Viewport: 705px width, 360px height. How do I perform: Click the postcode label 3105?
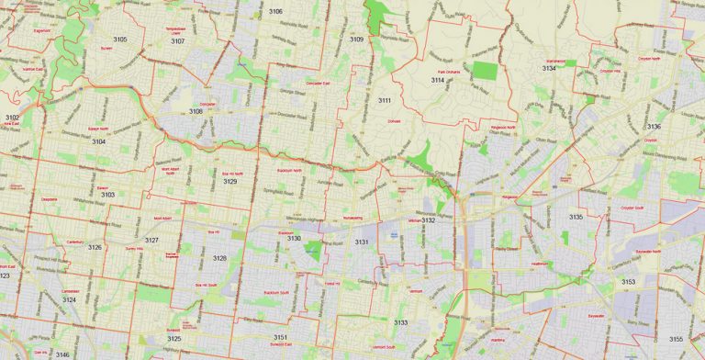(x=120, y=39)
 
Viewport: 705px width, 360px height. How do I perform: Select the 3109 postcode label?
(x=356, y=39)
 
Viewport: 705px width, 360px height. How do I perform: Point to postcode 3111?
(x=385, y=100)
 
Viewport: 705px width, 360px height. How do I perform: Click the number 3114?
(x=438, y=81)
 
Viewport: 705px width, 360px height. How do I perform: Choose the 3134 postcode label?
(x=549, y=68)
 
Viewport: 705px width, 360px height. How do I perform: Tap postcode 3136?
(x=654, y=127)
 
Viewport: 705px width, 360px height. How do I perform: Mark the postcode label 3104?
(x=98, y=142)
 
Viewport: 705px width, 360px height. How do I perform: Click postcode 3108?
(x=196, y=111)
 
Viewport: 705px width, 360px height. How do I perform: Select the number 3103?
(x=107, y=195)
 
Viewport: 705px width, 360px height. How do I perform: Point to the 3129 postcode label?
(x=229, y=182)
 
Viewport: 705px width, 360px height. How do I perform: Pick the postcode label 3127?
(x=151, y=240)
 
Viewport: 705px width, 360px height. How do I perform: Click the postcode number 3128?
(x=219, y=259)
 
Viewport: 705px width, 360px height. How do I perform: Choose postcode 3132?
(x=428, y=220)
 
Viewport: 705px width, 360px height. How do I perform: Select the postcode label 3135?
(x=576, y=217)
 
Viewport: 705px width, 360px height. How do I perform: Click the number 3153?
(x=628, y=282)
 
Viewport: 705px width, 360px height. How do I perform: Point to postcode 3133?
(x=400, y=323)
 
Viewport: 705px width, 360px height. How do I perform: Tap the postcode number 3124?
(x=69, y=300)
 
